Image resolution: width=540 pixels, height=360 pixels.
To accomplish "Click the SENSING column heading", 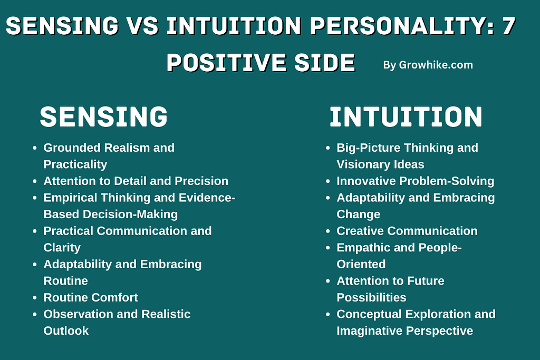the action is pyautogui.click(x=104, y=116).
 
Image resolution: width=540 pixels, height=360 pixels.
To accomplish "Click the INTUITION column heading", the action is pyautogui.click(x=406, y=117).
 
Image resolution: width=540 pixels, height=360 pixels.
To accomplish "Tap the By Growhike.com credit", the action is pyautogui.click(x=428, y=65).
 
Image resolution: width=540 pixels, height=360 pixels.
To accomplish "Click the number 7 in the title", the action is pyautogui.click(x=509, y=26).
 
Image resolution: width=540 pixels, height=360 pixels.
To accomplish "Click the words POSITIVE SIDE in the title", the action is pyautogui.click(x=261, y=63).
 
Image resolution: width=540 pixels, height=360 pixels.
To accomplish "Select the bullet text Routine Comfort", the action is pyautogui.click(x=91, y=297).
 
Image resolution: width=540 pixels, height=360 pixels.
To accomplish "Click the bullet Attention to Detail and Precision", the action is pyautogui.click(x=136, y=181).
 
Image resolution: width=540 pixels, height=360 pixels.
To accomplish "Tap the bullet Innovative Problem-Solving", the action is pyautogui.click(x=416, y=181).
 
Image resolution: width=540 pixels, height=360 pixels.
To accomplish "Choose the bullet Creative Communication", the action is pyautogui.click(x=407, y=231).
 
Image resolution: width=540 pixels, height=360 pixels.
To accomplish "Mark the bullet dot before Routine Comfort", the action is pyautogui.click(x=34, y=298).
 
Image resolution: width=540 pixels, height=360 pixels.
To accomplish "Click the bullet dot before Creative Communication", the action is pyautogui.click(x=328, y=231).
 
